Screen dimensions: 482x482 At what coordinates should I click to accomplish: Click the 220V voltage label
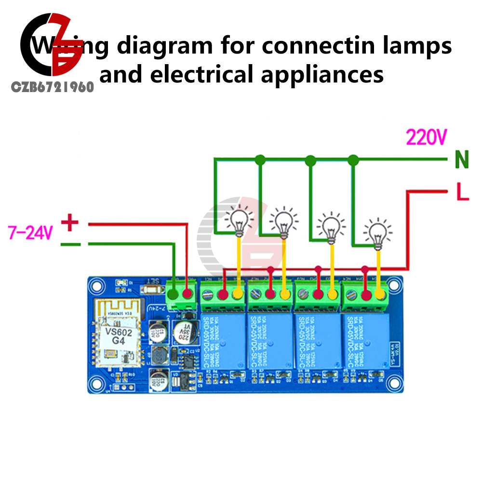point(426,138)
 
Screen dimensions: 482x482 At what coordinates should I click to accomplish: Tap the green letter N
point(462,160)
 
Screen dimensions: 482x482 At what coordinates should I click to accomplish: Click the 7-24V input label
point(30,233)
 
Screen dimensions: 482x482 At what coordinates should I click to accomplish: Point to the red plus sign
point(70,223)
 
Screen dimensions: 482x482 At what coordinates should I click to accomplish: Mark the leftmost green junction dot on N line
point(260,159)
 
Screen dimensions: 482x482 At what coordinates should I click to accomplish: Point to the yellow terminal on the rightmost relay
point(380,294)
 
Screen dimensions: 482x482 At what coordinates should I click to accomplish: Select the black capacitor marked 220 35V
point(183,333)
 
